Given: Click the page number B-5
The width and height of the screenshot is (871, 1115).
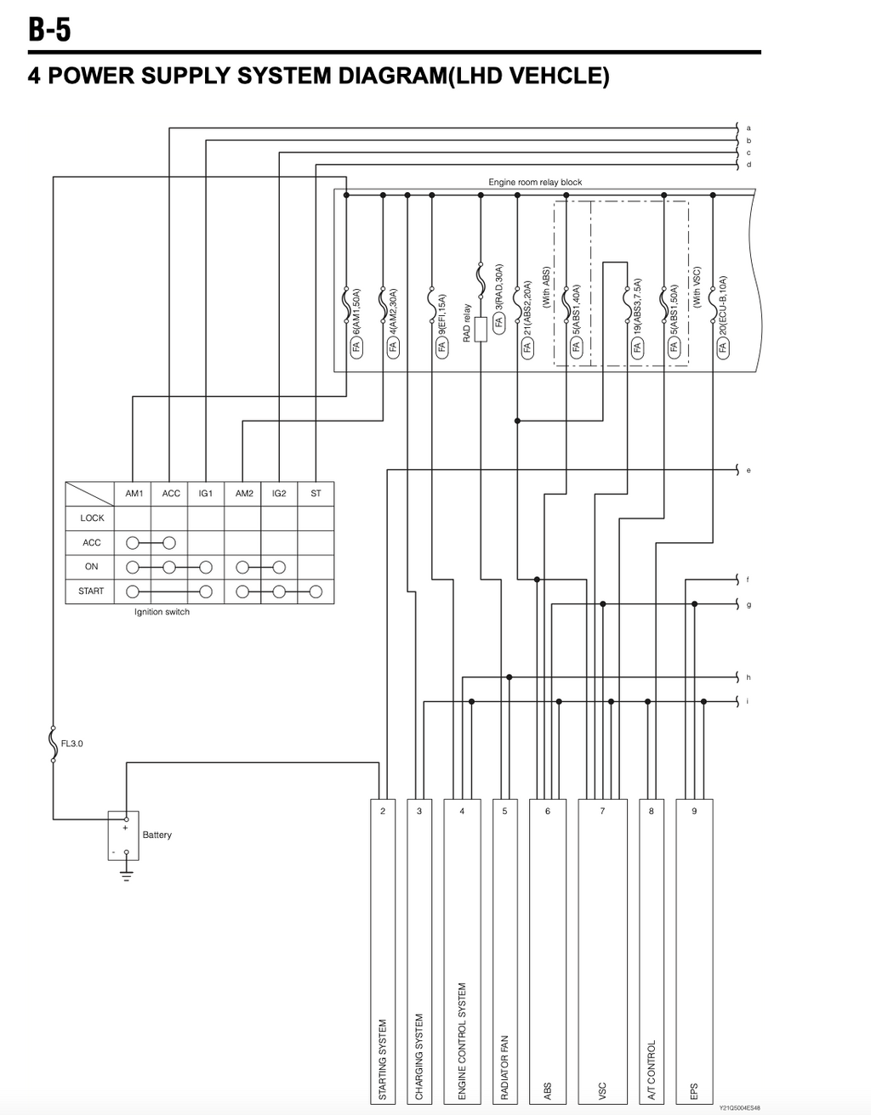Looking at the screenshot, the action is click(x=49, y=29).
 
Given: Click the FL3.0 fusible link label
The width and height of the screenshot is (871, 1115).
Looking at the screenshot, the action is click(x=72, y=744).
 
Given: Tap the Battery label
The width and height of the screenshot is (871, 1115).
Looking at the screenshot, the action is click(x=157, y=835).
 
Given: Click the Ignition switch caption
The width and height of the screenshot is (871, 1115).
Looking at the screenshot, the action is click(x=162, y=612).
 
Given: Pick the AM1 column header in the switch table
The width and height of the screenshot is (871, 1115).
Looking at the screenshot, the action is click(x=134, y=493).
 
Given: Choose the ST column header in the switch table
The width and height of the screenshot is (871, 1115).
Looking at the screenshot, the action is click(x=316, y=493).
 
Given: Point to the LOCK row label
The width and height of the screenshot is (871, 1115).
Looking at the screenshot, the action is click(x=92, y=518).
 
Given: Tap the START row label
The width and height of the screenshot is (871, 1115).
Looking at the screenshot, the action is click(x=91, y=591).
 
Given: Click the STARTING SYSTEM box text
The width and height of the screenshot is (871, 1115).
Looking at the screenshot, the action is click(x=383, y=1059).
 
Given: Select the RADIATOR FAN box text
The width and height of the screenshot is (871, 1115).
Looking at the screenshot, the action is click(x=504, y=1067).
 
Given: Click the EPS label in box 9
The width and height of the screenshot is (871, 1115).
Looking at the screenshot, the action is click(x=694, y=1091).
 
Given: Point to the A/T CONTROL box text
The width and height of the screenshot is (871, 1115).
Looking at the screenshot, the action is click(x=652, y=1070).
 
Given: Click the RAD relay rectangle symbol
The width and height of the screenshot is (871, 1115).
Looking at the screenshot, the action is click(x=481, y=330).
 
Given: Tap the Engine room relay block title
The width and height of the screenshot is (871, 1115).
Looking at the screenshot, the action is click(x=535, y=182).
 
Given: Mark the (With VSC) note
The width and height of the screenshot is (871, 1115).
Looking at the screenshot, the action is click(x=697, y=287).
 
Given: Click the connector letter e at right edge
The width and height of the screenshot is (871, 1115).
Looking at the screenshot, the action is click(x=749, y=470).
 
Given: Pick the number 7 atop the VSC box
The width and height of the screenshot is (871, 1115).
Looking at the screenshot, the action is click(x=602, y=812).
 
